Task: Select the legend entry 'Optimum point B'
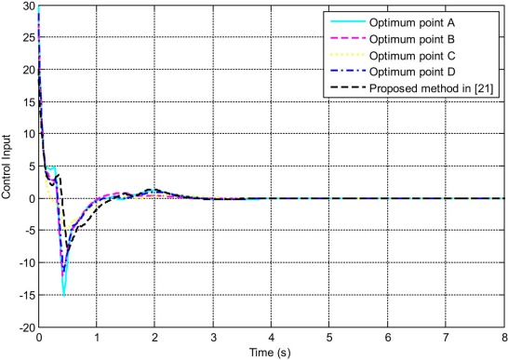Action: click(x=430, y=37)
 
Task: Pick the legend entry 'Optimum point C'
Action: click(x=430, y=54)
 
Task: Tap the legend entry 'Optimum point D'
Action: click(x=430, y=70)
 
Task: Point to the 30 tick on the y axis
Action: click(x=28, y=7)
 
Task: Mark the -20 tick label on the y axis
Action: click(x=25, y=327)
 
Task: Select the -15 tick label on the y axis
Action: click(x=25, y=296)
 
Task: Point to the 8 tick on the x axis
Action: click(x=502, y=339)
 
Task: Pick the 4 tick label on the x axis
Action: click(x=271, y=339)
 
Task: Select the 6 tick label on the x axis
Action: click(x=387, y=339)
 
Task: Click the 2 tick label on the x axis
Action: click(x=154, y=339)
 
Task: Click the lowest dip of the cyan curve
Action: click(x=64, y=295)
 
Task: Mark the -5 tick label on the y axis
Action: click(x=28, y=231)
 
